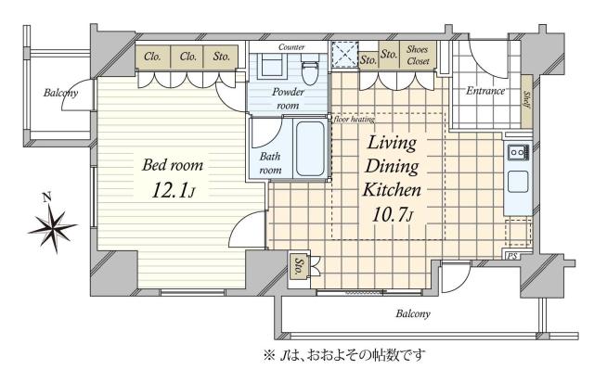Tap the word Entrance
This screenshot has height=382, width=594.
(x=485, y=91)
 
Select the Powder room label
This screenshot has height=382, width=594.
(x=289, y=99)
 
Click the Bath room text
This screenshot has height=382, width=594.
(x=269, y=164)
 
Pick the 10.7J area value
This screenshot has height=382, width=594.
(x=393, y=215)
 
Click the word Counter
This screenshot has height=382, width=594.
(x=291, y=45)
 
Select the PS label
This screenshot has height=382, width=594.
(x=512, y=254)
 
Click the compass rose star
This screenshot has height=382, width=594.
(x=52, y=226)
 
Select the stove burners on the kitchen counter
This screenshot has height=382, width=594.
(x=516, y=151)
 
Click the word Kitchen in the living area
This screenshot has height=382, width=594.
(x=392, y=189)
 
